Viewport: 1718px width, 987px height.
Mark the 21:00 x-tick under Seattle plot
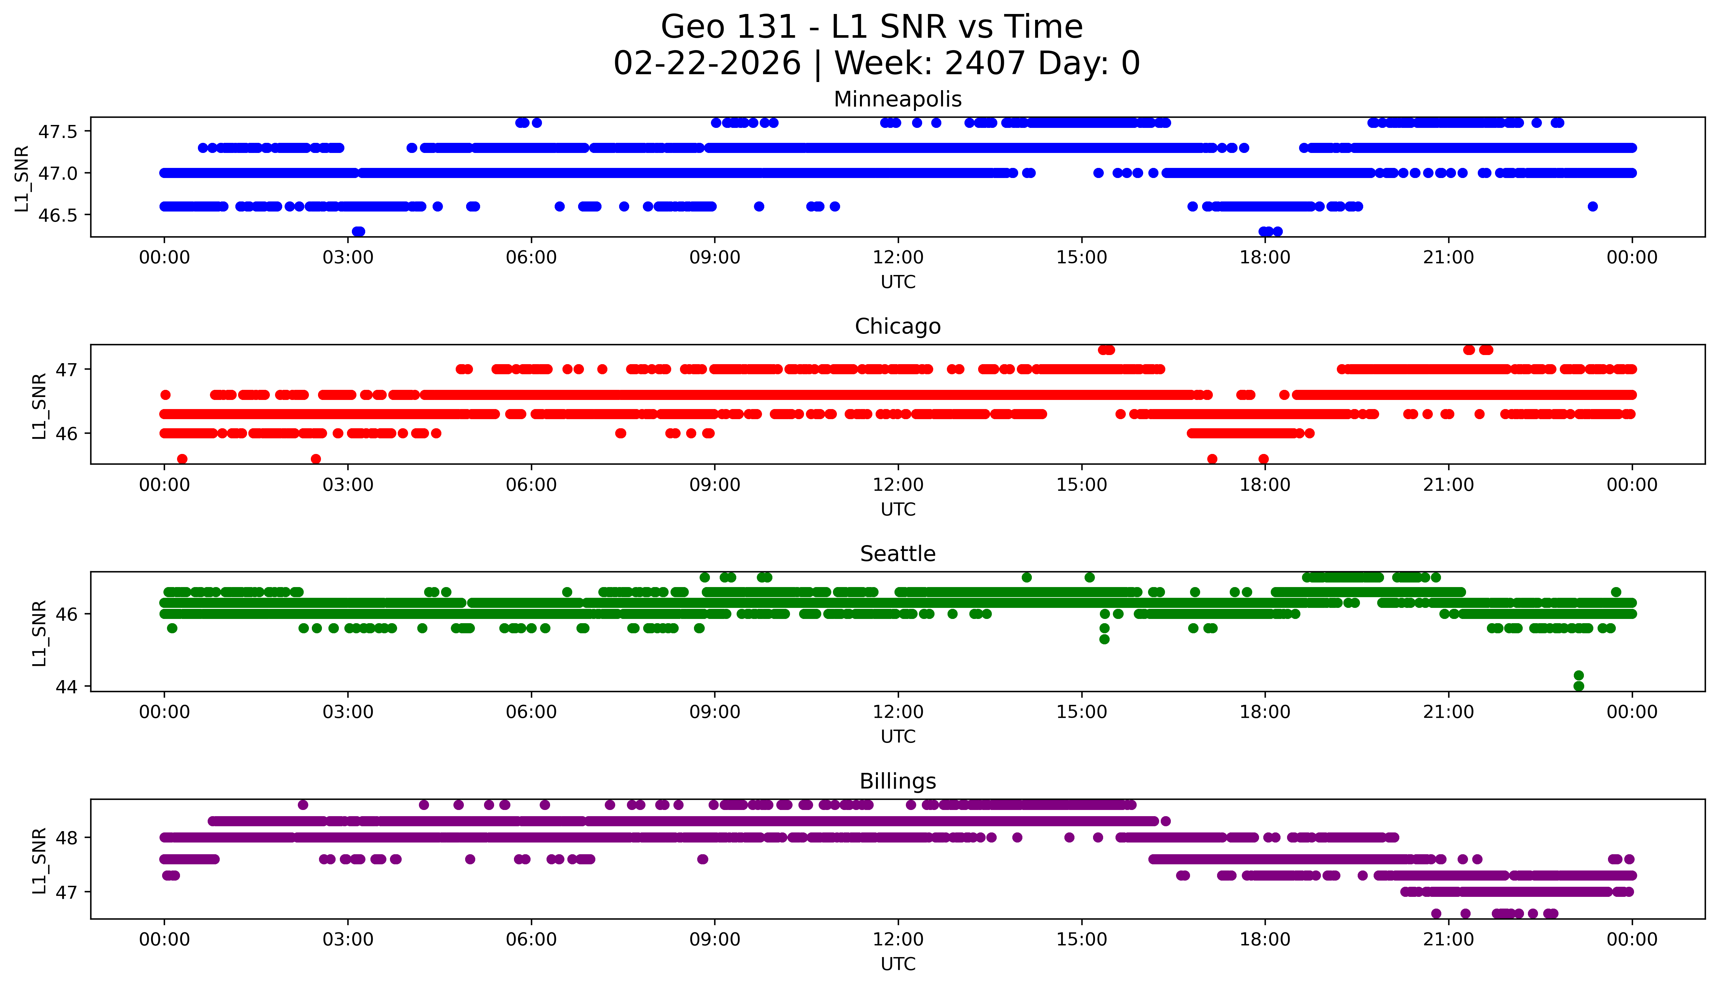[x=1448, y=712]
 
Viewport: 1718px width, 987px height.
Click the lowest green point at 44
[x=1578, y=686]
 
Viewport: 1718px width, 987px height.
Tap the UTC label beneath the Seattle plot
[x=898, y=736]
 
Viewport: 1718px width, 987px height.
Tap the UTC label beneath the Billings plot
[x=898, y=963]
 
